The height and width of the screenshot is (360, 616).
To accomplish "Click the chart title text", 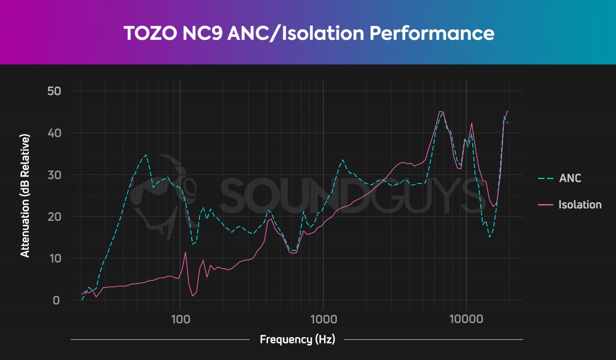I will pyautogui.click(x=308, y=33).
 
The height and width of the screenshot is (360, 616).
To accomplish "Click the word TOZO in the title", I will pyautogui.click(x=150, y=33).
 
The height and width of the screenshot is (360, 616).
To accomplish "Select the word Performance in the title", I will pyautogui.click(x=432, y=33).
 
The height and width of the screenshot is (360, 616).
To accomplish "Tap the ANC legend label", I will pyautogui.click(x=570, y=178).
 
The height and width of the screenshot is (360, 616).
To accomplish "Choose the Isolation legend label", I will pyautogui.click(x=580, y=205).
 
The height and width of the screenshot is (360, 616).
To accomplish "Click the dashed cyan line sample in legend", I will pyautogui.click(x=545, y=178).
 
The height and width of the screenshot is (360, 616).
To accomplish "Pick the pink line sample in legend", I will pyautogui.click(x=545, y=205).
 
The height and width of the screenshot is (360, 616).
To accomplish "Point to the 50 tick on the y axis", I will pyautogui.click(x=54, y=91).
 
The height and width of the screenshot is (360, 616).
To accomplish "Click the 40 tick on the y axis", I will pyautogui.click(x=54, y=133).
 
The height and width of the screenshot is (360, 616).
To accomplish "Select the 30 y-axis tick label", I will pyautogui.click(x=54, y=175).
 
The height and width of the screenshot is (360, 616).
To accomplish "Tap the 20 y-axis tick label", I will pyautogui.click(x=54, y=217).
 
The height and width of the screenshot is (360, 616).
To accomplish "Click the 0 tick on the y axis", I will pyautogui.click(x=56, y=300).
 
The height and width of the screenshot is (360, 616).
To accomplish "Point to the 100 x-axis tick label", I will pyautogui.click(x=180, y=319).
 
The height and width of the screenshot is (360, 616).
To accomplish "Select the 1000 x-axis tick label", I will pyautogui.click(x=324, y=319).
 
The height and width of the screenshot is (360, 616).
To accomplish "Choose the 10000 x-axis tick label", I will pyautogui.click(x=466, y=319).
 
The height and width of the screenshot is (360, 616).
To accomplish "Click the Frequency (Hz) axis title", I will pyautogui.click(x=297, y=340).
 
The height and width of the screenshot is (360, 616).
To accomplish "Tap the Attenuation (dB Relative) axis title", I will pyautogui.click(x=25, y=196).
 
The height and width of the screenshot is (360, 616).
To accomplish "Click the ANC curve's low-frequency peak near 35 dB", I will pyautogui.click(x=146, y=155).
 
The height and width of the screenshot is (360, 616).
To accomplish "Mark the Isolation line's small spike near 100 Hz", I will pyautogui.click(x=185, y=252).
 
